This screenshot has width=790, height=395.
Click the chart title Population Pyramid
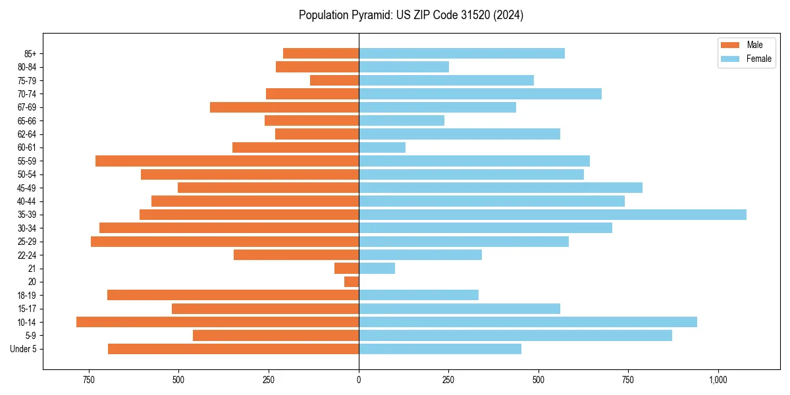tap(411, 15)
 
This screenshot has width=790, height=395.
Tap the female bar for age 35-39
tap(552, 215)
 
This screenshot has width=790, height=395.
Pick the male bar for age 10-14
tap(217, 322)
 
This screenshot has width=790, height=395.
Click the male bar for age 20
tap(352, 282)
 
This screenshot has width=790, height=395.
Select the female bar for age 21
tap(377, 268)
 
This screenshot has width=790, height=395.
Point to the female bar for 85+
tap(461, 53)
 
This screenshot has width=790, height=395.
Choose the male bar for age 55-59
tap(227, 161)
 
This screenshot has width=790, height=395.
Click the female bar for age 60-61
tap(382, 147)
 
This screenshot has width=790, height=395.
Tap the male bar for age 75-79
tap(334, 80)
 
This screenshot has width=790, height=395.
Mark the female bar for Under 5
tap(440, 349)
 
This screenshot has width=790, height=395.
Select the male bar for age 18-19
tap(233, 295)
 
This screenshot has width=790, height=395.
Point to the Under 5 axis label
tap(23, 349)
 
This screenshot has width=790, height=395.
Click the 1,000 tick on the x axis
tap(718, 380)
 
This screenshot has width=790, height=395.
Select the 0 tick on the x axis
tap(359, 380)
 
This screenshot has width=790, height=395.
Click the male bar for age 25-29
tap(224, 242)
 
